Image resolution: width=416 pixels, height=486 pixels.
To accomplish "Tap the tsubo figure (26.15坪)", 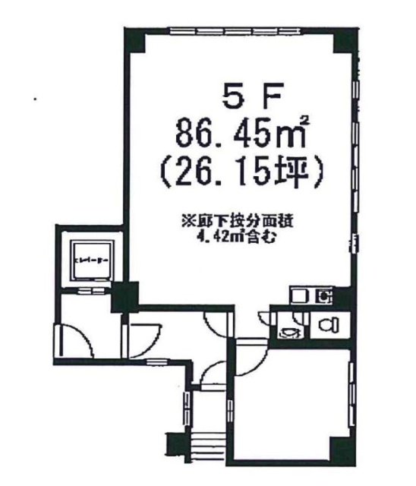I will (242, 173).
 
